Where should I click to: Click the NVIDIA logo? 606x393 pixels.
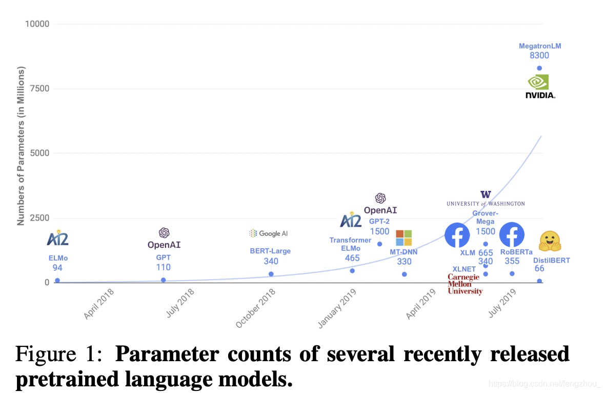point(540,87)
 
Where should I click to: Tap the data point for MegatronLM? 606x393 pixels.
point(539,68)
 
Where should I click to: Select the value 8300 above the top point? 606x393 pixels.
point(539,55)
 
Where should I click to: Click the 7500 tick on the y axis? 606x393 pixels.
point(39,89)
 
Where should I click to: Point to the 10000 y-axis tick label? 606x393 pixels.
point(37,24)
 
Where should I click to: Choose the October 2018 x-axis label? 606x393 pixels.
point(255,308)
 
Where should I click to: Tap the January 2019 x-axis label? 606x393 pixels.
point(337,308)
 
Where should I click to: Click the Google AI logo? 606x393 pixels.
point(269,233)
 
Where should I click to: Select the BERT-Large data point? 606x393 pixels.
point(271,274)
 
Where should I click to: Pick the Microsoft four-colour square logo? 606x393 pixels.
point(404,238)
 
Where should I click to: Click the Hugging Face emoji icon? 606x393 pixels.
point(550,241)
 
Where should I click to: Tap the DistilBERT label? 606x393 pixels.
point(552,260)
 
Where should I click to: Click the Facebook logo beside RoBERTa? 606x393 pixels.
point(512,235)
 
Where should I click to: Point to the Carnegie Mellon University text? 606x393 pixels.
point(465,284)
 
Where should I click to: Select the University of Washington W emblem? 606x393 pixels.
point(486,194)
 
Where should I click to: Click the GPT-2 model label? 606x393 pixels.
point(379,221)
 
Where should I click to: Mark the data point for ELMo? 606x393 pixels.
point(57,281)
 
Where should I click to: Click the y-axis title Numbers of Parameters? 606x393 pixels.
point(21,146)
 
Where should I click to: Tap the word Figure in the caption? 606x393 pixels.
point(46,353)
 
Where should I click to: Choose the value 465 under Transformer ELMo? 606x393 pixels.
point(352,258)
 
